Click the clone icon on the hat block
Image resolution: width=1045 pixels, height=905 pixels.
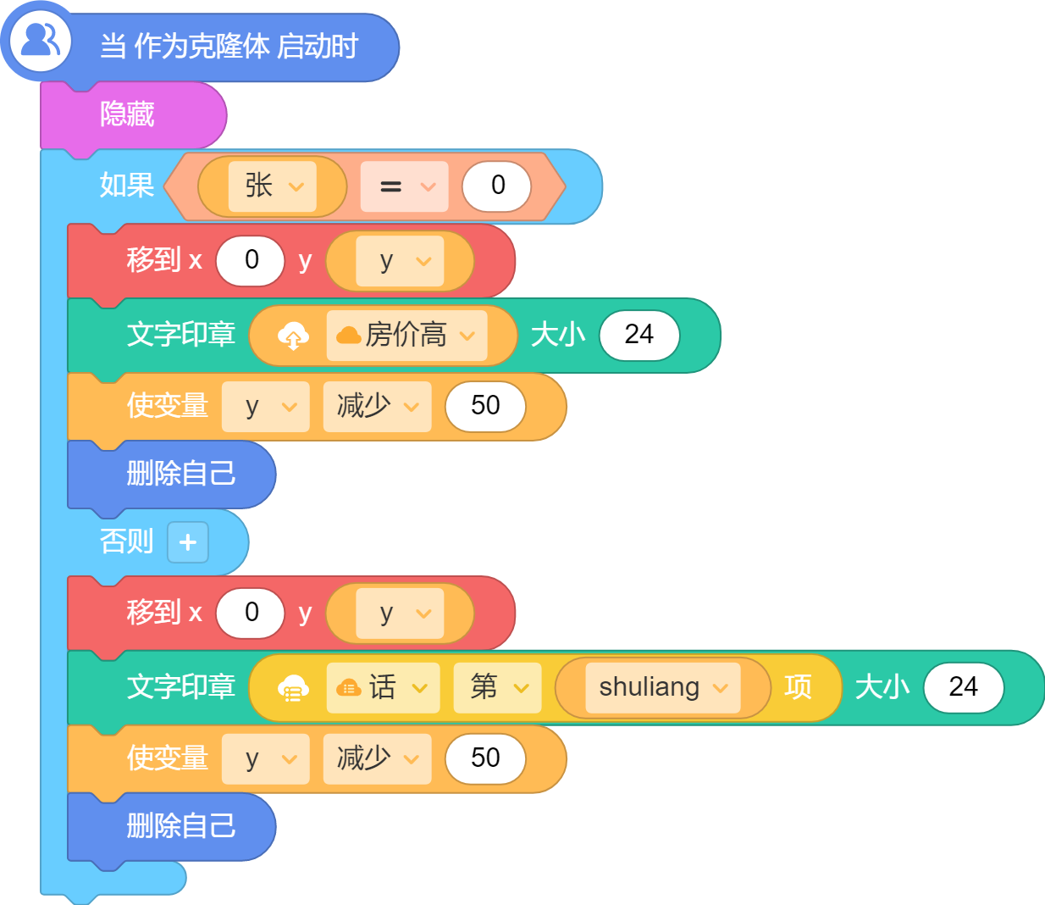click(x=41, y=40)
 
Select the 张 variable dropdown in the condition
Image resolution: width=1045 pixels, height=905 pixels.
click(x=272, y=186)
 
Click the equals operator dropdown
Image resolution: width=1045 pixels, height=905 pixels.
click(x=404, y=186)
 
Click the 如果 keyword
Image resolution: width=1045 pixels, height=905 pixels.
click(x=127, y=185)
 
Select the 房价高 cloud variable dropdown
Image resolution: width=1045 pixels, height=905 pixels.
click(x=406, y=335)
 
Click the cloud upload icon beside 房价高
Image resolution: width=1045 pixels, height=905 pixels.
click(x=293, y=336)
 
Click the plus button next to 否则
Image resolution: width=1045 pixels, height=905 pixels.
click(x=187, y=542)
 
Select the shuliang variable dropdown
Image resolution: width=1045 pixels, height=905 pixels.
click(x=663, y=687)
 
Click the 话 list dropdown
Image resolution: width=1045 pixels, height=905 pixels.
click(x=383, y=687)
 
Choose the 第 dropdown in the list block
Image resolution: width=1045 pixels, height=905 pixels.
click(x=497, y=687)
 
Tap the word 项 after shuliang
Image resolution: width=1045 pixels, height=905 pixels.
click(x=798, y=687)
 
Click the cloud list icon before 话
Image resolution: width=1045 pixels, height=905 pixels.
click(x=293, y=688)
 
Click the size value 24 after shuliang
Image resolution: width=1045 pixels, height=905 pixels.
click(x=963, y=687)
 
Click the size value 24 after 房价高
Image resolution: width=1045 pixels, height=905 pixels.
click(x=639, y=335)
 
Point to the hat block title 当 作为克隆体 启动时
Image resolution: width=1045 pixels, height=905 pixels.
click(x=229, y=47)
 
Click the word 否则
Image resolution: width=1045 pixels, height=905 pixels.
click(x=127, y=541)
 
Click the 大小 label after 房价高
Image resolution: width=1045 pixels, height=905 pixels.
click(x=558, y=335)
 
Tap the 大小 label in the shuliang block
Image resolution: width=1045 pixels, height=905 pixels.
click(x=882, y=687)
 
